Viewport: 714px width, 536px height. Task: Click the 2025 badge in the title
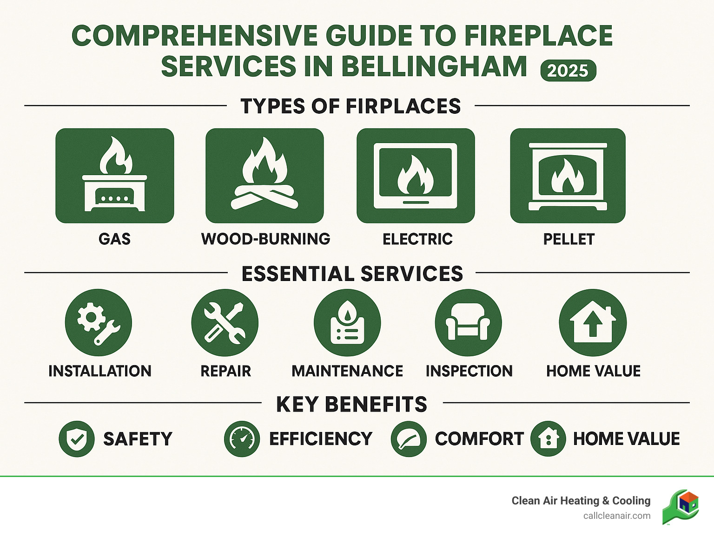pyautogui.click(x=568, y=71)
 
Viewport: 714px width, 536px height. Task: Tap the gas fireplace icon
pyautogui.click(x=115, y=176)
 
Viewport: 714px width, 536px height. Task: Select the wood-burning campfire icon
pyautogui.click(x=264, y=176)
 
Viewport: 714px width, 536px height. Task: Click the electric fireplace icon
pyautogui.click(x=416, y=176)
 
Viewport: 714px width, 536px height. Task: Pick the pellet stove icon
pyautogui.click(x=568, y=176)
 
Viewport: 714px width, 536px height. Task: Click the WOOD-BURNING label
pyautogui.click(x=265, y=239)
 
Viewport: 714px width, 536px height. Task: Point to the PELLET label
pyautogui.click(x=569, y=239)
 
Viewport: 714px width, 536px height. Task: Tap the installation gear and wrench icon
pyautogui.click(x=99, y=323)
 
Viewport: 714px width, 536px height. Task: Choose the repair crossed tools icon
pyautogui.click(x=225, y=323)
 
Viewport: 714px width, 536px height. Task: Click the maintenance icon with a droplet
pyautogui.click(x=347, y=323)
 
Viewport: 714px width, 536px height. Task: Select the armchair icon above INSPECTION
pyautogui.click(x=468, y=323)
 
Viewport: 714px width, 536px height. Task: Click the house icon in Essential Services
pyautogui.click(x=593, y=323)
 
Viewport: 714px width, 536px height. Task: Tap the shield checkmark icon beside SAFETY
pyautogui.click(x=77, y=439)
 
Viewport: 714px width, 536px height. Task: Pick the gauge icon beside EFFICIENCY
pyautogui.click(x=242, y=439)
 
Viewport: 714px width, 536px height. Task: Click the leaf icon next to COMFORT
pyautogui.click(x=409, y=439)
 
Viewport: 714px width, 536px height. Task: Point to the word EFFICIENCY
pyautogui.click(x=321, y=439)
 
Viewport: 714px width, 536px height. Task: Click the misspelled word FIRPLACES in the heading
pyautogui.click(x=403, y=106)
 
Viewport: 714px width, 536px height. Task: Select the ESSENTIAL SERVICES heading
pyautogui.click(x=352, y=274)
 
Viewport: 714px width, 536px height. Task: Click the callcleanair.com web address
pyautogui.click(x=617, y=516)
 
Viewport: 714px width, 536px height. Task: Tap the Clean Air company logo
pyautogui.click(x=681, y=507)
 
